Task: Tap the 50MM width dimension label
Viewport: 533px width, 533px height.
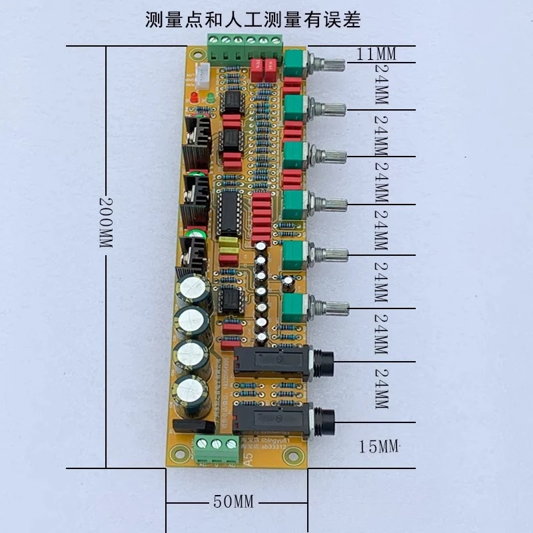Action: (x=233, y=502)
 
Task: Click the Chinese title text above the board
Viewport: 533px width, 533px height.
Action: (x=253, y=20)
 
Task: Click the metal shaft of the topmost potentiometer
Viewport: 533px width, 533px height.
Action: (x=329, y=65)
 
